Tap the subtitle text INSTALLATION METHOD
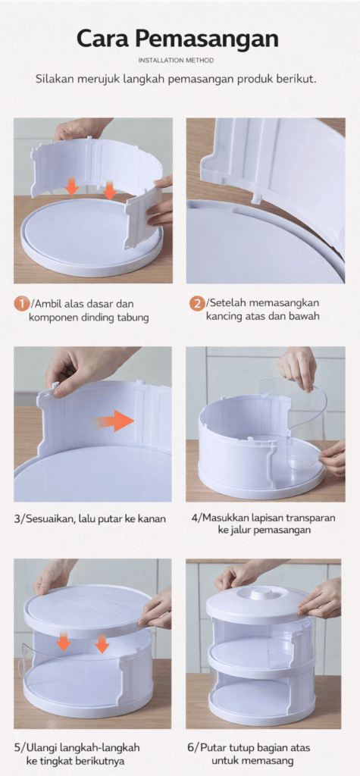pyautogui.click(x=177, y=61)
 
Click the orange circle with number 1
pyautogui.click(x=21, y=303)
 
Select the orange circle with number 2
pyautogui.click(x=197, y=303)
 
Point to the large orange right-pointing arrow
pyautogui.click(x=115, y=421)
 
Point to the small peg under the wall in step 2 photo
pyautogui.click(x=255, y=197)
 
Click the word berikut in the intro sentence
pyautogui.click(x=297, y=79)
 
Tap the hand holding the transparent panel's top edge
pyautogui.click(x=297, y=367)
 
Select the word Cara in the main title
pyautogui.click(x=104, y=39)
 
